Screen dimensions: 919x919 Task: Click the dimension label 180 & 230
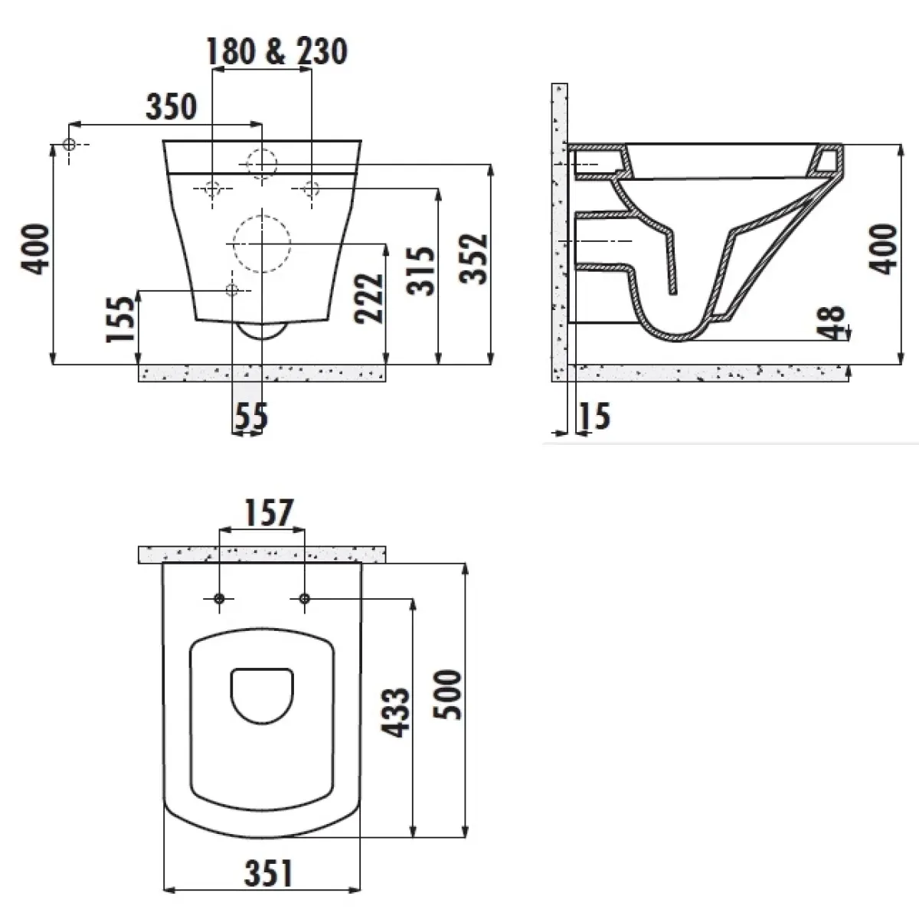276,51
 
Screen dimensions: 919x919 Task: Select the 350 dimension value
172,106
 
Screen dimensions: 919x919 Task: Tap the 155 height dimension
121,319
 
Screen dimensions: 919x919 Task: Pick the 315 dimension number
420,271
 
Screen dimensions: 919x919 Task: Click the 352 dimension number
473,260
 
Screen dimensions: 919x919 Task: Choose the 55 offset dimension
251,416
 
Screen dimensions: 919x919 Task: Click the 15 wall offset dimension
594,416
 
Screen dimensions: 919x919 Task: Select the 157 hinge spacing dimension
269,512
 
